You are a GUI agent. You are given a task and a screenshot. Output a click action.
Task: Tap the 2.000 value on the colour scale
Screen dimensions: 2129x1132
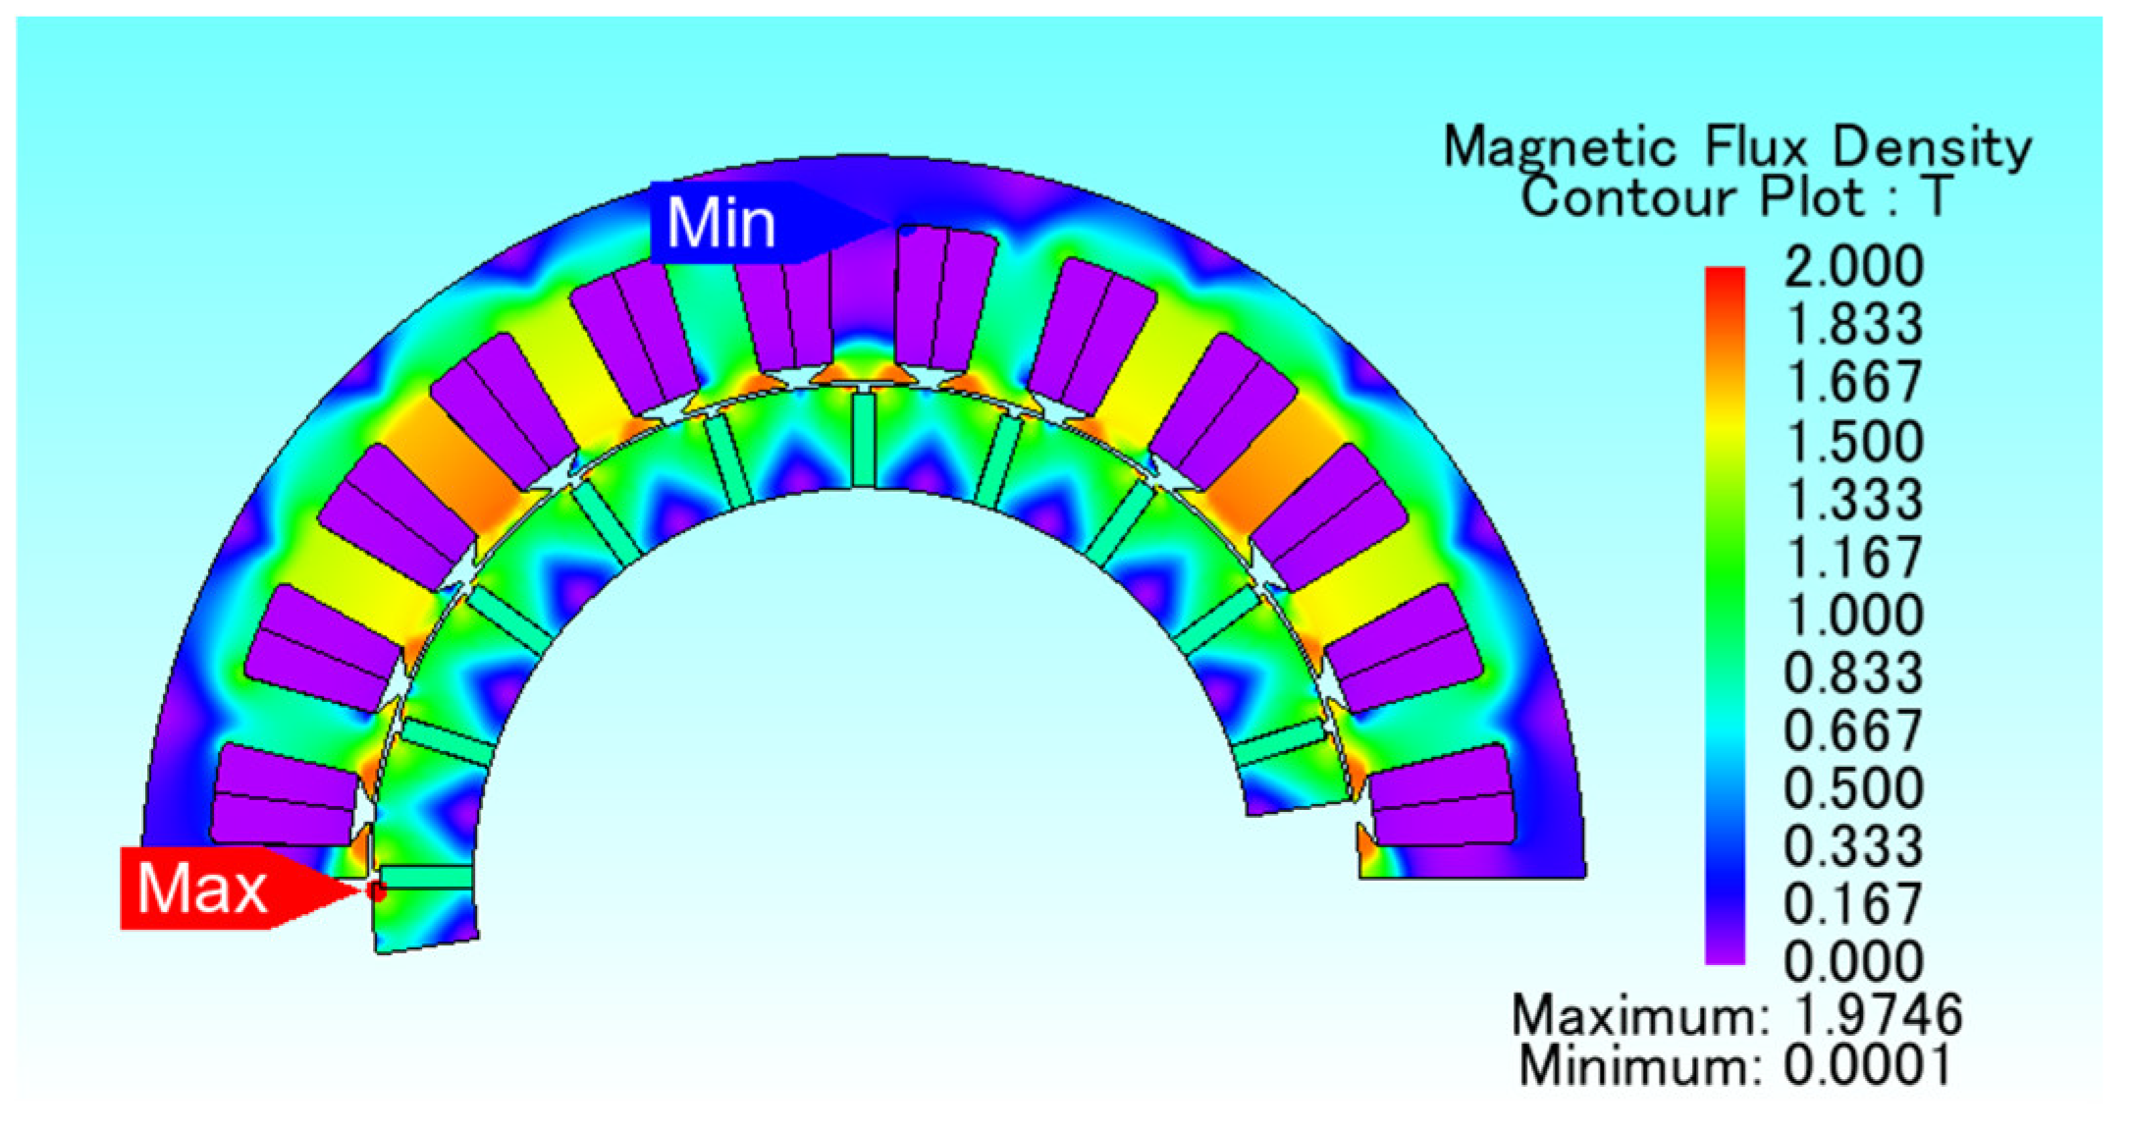(1853, 266)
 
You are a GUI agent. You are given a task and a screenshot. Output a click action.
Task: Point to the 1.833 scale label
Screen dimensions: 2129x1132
(1853, 324)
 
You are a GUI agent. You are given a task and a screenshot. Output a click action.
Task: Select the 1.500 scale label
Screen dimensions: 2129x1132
(1853, 441)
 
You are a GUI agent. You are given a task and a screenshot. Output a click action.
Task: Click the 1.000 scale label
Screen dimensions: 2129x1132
(1853, 615)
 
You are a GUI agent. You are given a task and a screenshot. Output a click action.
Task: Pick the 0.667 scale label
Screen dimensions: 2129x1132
(1853, 730)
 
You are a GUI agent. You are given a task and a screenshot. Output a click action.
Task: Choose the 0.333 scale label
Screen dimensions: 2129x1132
(1853, 846)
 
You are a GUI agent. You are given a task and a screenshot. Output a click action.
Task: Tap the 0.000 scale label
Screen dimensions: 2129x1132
(1853, 961)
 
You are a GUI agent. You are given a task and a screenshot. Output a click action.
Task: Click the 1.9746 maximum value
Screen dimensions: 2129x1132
(1877, 1014)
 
